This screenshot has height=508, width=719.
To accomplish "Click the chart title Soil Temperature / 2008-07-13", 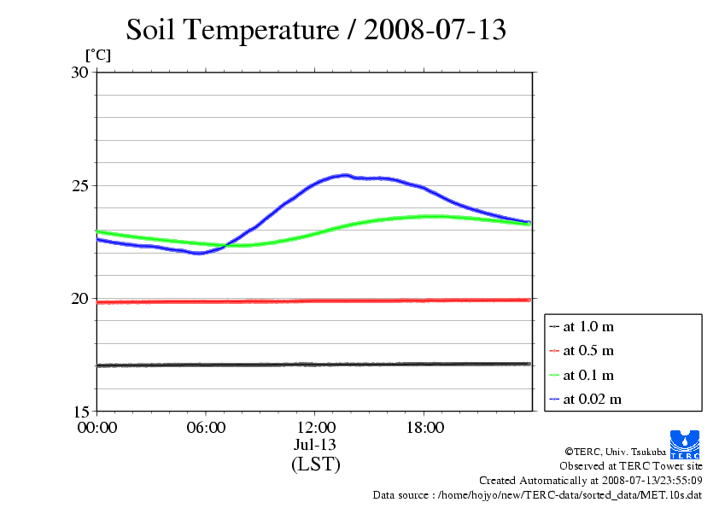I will pyautogui.click(x=316, y=30).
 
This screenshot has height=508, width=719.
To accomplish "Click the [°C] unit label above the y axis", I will pyautogui.click(x=98, y=55).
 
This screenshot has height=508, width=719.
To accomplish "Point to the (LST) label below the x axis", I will pyautogui.click(x=315, y=464).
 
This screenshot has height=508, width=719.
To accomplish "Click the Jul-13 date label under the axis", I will pyautogui.click(x=315, y=445).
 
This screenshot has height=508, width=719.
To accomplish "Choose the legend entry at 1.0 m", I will pyautogui.click(x=589, y=326).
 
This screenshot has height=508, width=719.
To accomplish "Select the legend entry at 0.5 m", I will pyautogui.click(x=589, y=350).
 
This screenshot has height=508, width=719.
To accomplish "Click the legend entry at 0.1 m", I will pyautogui.click(x=589, y=375).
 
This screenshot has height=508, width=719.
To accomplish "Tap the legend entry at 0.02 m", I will pyautogui.click(x=592, y=399).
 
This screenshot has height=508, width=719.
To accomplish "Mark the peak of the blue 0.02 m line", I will pyautogui.click(x=345, y=175).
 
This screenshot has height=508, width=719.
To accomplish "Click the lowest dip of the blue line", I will pyautogui.click(x=199, y=253).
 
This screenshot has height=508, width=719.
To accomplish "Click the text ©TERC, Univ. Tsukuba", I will pyautogui.click(x=615, y=451).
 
